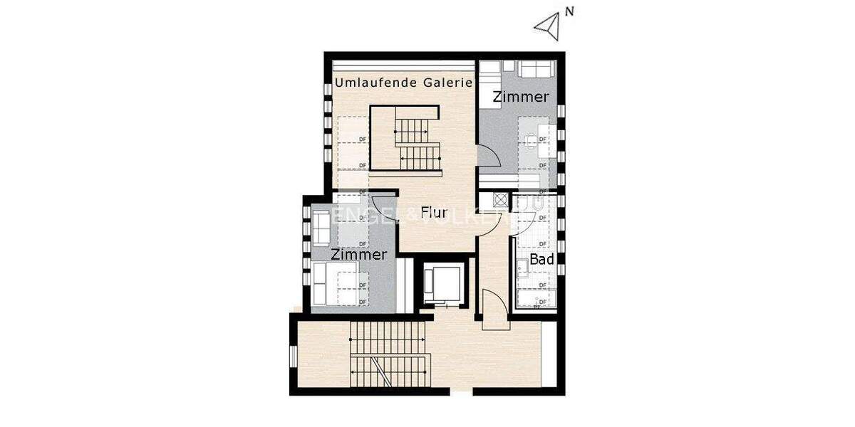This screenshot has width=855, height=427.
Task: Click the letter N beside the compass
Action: [569, 11]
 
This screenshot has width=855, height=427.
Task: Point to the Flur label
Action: [434, 212]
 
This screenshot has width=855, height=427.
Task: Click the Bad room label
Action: [541, 260]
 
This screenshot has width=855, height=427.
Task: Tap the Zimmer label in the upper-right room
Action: [521, 97]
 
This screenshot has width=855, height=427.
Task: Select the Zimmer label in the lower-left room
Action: [358, 254]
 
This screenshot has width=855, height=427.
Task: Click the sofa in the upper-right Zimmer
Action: [535, 69]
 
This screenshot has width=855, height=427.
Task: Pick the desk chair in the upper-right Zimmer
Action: [531, 140]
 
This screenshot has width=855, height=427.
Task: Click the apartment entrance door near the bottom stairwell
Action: [494, 307]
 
